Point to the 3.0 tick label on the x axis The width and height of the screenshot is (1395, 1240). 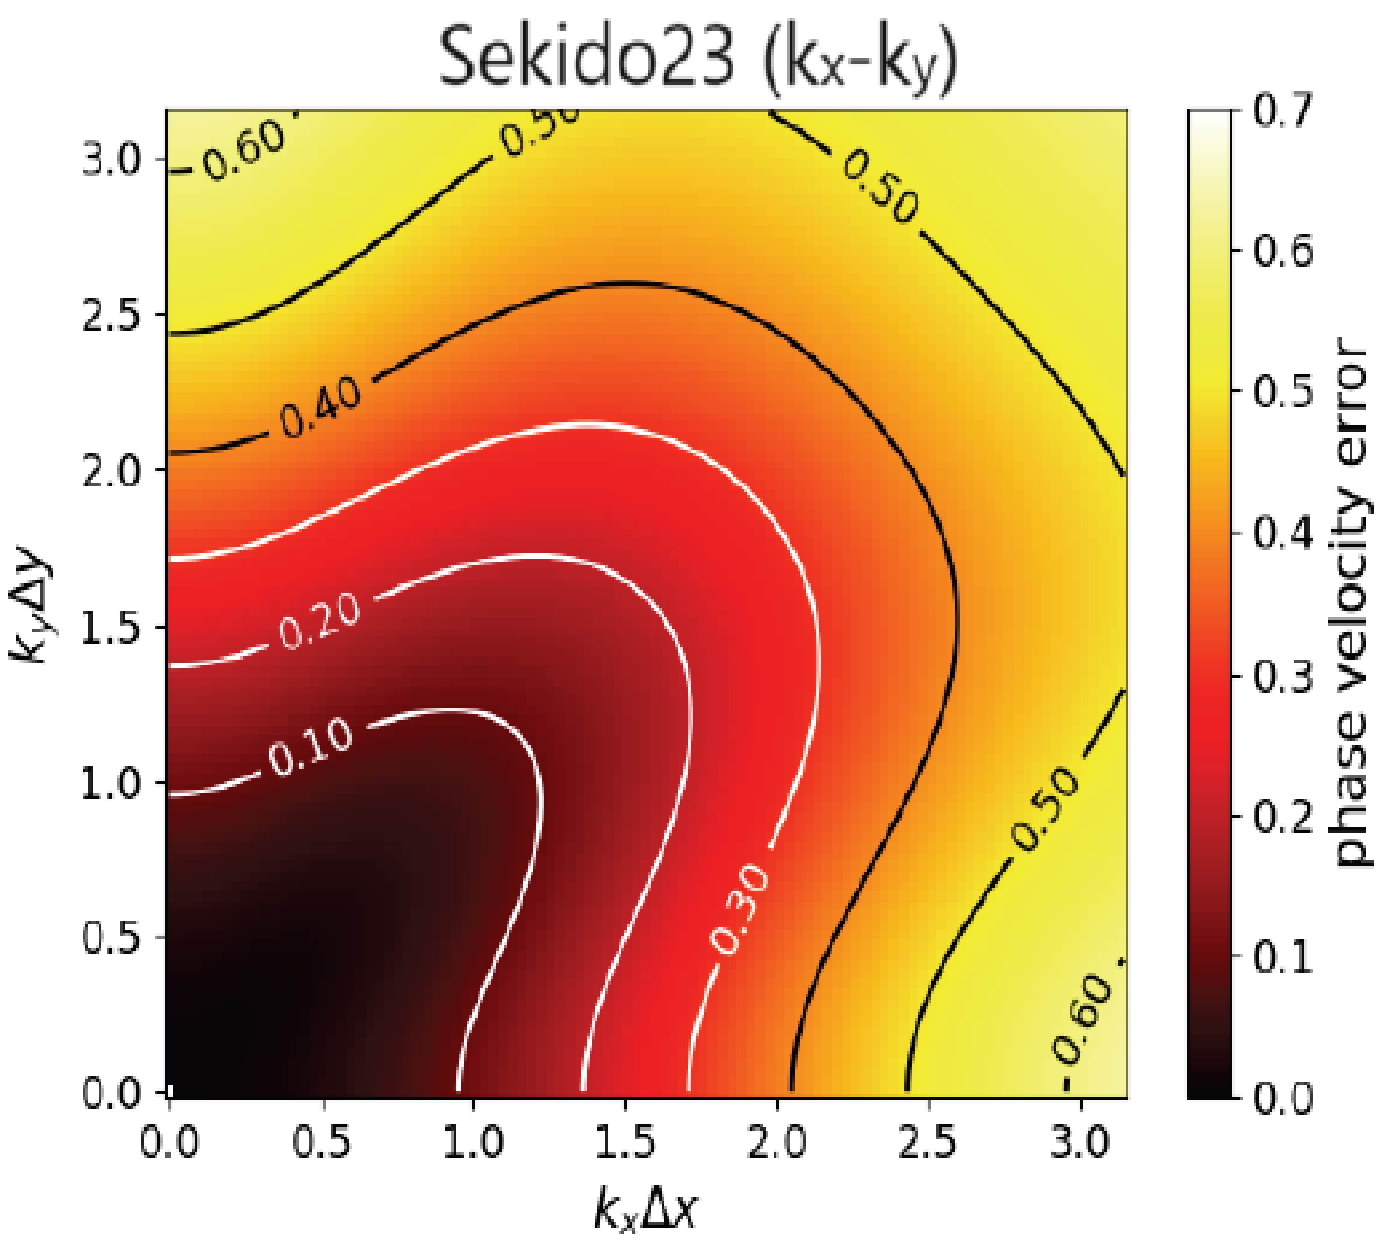1080,1142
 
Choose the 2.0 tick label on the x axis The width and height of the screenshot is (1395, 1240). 777,1142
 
